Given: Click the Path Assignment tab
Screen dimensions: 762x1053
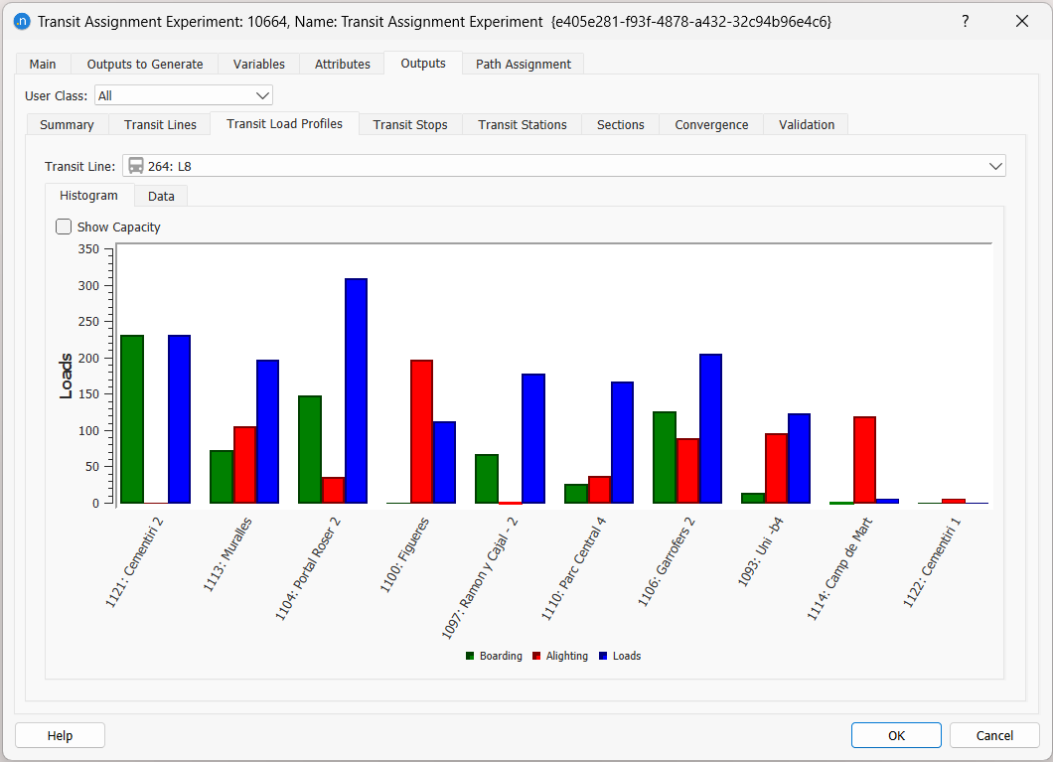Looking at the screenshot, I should pyautogui.click(x=523, y=64).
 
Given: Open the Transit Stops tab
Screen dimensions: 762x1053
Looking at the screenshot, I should pyautogui.click(x=410, y=124).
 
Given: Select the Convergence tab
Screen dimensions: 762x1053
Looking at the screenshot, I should pyautogui.click(x=711, y=124).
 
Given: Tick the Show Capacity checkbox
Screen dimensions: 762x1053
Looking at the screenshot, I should pyautogui.click(x=65, y=227).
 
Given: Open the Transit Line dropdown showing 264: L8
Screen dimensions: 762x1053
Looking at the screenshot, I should pyautogui.click(x=563, y=166).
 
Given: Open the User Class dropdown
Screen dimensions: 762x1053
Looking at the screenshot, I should pyautogui.click(x=184, y=95).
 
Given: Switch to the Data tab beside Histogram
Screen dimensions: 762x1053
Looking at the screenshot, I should pyautogui.click(x=161, y=196).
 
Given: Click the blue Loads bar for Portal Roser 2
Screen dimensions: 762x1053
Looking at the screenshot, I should pyautogui.click(x=356, y=390).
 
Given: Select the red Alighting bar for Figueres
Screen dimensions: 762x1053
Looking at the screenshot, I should pyautogui.click(x=421, y=431).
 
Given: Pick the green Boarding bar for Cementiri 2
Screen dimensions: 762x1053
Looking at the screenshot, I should pyautogui.click(x=132, y=418).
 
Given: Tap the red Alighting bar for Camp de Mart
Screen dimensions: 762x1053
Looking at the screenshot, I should pyautogui.click(x=864, y=459).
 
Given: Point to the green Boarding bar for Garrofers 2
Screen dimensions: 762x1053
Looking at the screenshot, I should pyautogui.click(x=664, y=457).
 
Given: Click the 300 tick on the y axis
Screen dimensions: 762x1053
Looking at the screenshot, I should pyautogui.click(x=88, y=286).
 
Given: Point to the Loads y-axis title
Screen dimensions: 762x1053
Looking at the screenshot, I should pyautogui.click(x=67, y=376).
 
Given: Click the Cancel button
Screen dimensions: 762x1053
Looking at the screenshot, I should pyautogui.click(x=994, y=735).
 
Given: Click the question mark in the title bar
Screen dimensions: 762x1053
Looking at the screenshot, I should pyautogui.click(x=965, y=21).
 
